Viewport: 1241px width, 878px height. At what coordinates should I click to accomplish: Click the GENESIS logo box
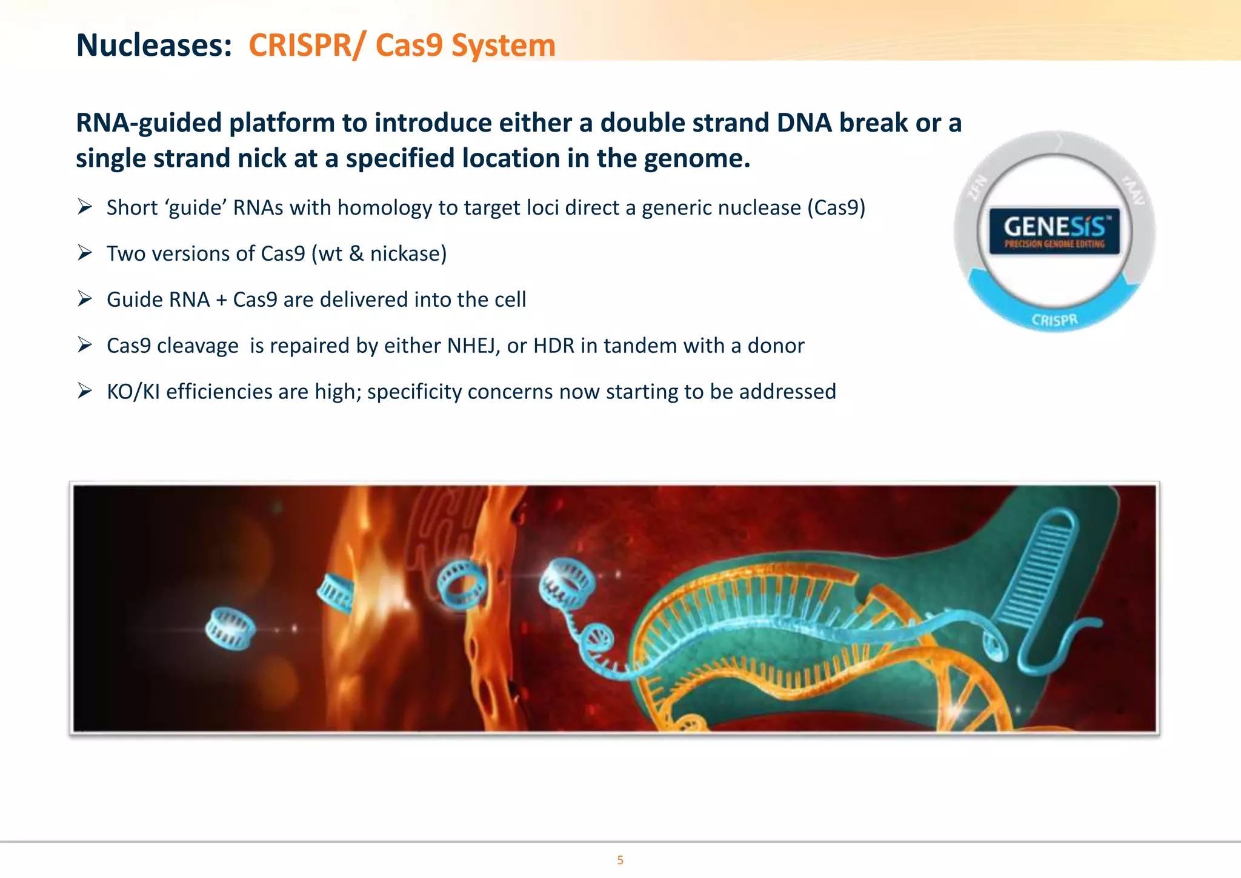(1054, 230)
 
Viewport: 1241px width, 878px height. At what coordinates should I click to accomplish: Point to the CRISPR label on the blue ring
(1054, 320)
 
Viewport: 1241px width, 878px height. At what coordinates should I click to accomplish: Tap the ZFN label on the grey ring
(977, 187)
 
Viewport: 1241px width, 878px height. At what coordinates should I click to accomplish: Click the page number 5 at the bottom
(620, 860)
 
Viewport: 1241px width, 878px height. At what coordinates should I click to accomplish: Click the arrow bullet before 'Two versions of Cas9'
(85, 253)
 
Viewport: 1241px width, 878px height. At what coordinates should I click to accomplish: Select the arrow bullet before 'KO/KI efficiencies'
(85, 391)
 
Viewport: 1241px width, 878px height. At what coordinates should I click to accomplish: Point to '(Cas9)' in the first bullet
(836, 207)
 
